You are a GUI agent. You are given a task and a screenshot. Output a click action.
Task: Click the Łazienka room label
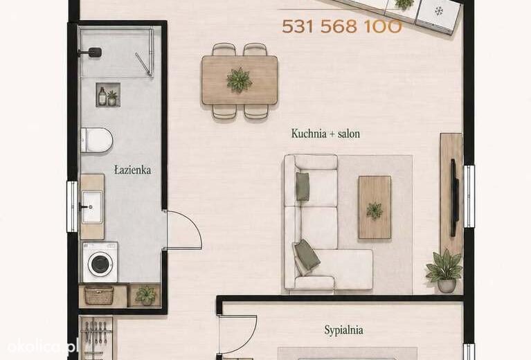click(132, 170)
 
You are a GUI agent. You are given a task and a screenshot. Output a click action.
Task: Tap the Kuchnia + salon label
click(325, 134)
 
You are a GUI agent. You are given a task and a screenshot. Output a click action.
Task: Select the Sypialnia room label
click(343, 330)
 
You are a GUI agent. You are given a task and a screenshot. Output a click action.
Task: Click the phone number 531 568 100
click(342, 26)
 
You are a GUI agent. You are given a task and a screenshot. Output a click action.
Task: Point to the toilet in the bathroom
click(97, 140)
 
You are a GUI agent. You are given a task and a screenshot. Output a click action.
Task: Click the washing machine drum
click(100, 264)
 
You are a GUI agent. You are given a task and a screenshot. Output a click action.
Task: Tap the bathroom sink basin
click(92, 207)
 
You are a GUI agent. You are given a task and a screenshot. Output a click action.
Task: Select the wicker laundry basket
click(99, 296)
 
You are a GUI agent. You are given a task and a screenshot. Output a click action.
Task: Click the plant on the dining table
click(239, 80)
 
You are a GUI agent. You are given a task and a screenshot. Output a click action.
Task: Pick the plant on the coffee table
click(375, 210)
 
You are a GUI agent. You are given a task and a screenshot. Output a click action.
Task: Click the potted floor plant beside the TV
click(445, 271)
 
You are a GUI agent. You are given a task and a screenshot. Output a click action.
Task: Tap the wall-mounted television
click(454, 197)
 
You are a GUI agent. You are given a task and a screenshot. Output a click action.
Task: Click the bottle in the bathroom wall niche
click(102, 96)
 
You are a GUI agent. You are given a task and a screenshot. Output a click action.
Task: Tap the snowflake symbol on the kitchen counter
click(439, 11)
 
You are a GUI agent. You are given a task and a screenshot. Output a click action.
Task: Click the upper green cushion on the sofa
click(303, 186)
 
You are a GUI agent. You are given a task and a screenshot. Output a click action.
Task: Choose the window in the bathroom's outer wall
click(72, 206)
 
